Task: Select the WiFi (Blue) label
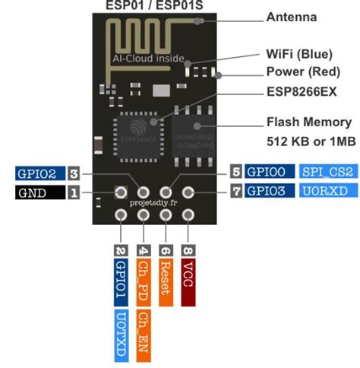(299, 55)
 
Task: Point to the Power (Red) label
(303, 74)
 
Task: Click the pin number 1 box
(74, 193)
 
